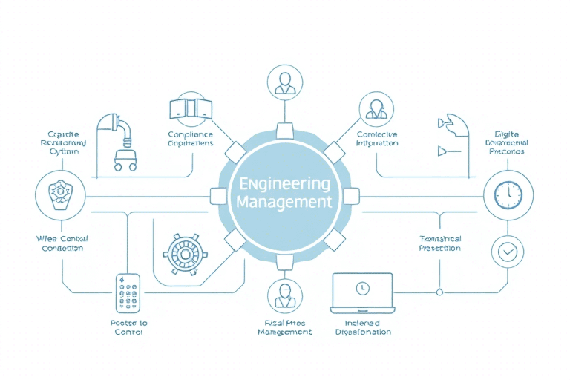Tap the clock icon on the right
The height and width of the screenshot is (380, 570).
[508, 194]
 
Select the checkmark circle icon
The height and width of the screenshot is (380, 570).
[508, 252]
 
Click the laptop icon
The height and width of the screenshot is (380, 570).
[362, 292]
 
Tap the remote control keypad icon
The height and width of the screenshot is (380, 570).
[128, 293]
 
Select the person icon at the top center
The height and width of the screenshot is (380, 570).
[284, 82]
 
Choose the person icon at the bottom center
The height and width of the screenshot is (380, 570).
[284, 295]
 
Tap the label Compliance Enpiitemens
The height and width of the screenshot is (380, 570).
[191, 139]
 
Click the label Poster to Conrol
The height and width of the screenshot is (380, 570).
[128, 327]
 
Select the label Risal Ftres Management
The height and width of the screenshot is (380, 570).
[284, 327]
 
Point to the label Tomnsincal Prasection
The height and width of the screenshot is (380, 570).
[440, 243]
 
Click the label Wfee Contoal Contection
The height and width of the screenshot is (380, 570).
[62, 243]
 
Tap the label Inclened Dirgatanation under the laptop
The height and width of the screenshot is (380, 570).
[363, 327]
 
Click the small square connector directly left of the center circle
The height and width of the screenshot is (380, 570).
[218, 196]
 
